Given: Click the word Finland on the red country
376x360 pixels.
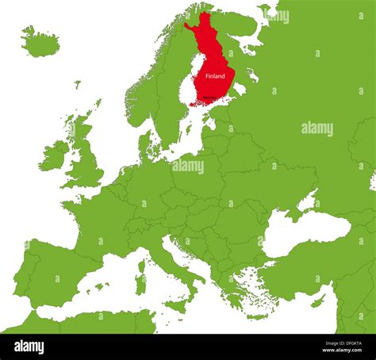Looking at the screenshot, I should (215, 76).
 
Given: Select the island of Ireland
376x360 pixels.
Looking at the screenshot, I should (55, 156).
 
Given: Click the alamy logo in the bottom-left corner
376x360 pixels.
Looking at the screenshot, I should (29, 347).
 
